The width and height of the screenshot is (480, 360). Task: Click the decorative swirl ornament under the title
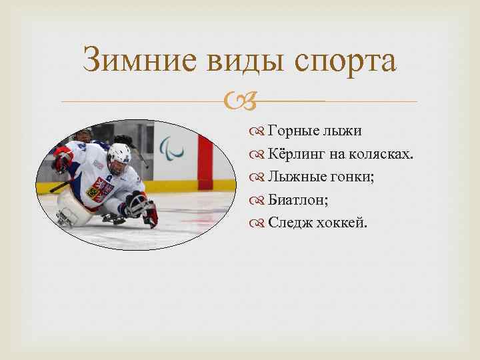click(x=240, y=102)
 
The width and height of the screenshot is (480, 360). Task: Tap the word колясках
click(x=386, y=155)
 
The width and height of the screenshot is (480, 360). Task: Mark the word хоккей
click(x=343, y=222)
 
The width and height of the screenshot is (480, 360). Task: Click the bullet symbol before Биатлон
click(x=259, y=200)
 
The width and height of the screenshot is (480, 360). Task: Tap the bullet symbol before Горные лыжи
click(x=259, y=132)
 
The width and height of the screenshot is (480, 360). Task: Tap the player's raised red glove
click(x=64, y=159)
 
